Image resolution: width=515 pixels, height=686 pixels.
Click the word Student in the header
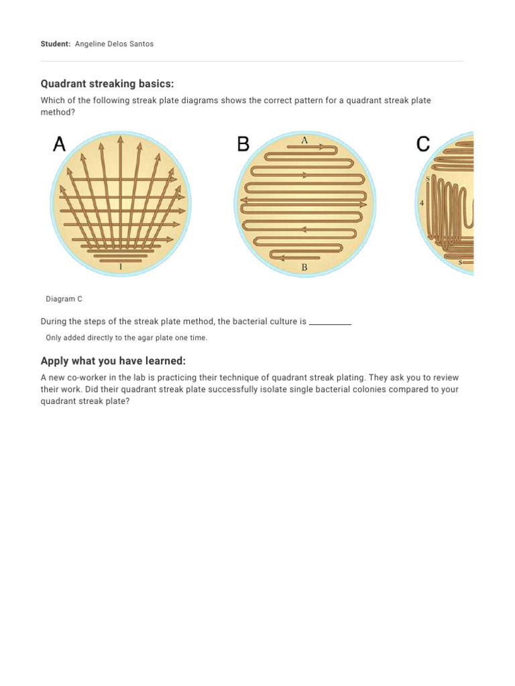(55, 44)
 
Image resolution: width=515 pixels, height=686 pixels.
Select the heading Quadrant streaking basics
(107, 84)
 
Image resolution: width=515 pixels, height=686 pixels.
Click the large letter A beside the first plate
(59, 144)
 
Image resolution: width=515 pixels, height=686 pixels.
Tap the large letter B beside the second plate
(243, 144)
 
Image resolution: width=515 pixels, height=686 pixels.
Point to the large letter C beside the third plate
(423, 144)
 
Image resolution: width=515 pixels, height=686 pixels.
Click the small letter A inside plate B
(304, 140)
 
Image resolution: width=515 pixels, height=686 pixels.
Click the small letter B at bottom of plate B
(304, 267)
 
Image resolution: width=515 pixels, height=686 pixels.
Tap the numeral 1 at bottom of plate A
(121, 267)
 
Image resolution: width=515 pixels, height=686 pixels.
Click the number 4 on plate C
(422, 202)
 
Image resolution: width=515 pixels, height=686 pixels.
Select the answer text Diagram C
(64, 299)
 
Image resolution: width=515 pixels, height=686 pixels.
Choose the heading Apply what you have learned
(113, 361)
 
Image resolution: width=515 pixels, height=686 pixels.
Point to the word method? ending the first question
(58, 112)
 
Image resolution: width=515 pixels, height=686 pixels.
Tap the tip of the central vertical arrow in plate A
(121, 138)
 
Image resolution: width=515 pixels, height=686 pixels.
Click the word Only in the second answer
(54, 338)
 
